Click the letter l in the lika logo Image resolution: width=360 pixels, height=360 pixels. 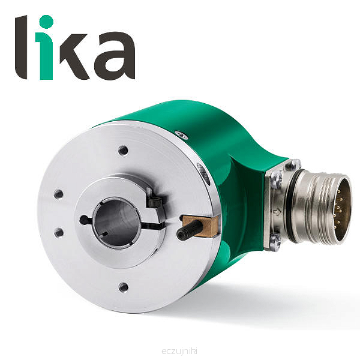pos(21,47)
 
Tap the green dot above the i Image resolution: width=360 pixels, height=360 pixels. pos(46,22)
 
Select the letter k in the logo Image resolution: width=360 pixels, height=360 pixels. pos(74,57)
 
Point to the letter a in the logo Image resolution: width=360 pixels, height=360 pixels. pos(115,56)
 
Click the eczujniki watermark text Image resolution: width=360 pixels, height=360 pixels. pos(179,351)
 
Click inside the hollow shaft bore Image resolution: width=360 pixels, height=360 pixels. pos(116,222)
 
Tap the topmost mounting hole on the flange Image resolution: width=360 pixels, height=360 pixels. pos(123,151)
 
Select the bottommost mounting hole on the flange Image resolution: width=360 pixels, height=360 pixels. pos(123,287)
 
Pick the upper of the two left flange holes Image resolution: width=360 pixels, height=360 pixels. pos(59,194)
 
